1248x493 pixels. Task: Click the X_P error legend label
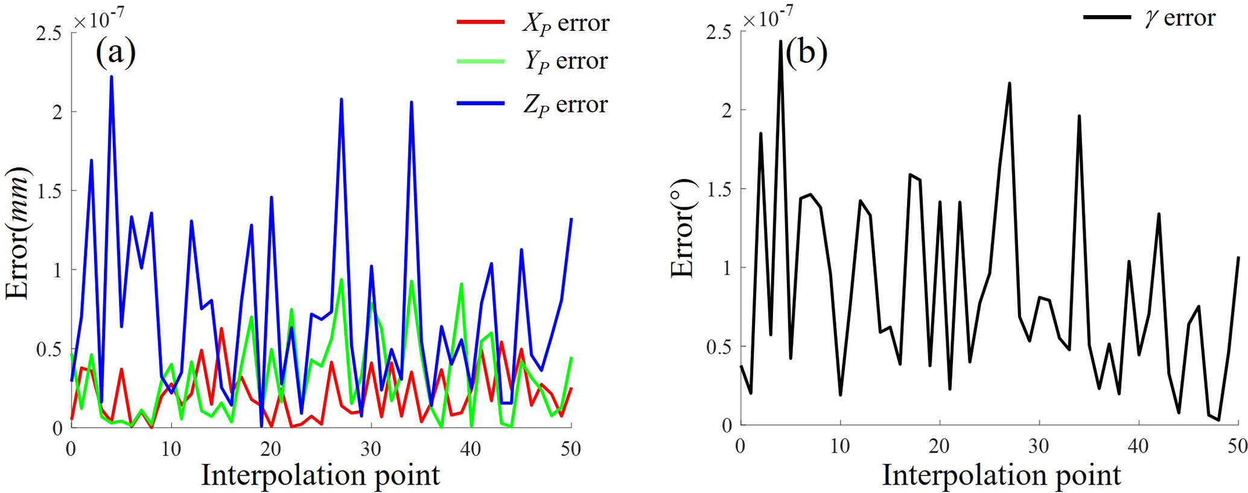click(x=565, y=23)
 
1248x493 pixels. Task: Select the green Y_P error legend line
click(x=480, y=61)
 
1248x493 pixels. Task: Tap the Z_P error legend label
click(x=565, y=105)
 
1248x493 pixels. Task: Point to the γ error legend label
click(x=1179, y=18)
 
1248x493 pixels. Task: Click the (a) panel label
click(x=115, y=53)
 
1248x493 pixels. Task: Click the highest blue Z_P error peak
click(x=112, y=77)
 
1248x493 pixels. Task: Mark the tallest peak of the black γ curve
click(x=780, y=41)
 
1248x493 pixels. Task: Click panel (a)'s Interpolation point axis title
click(x=320, y=475)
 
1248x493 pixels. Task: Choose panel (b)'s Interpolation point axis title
click(x=1001, y=475)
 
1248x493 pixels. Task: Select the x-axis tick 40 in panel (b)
click(x=1139, y=446)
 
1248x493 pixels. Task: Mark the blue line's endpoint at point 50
click(x=571, y=219)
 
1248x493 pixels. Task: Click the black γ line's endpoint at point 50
click(x=1238, y=257)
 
